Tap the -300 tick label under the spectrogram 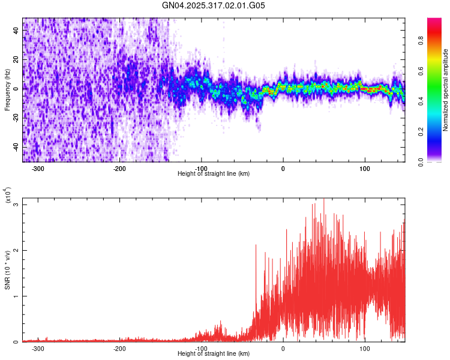pos(38,169)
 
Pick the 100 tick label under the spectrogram pos(364,169)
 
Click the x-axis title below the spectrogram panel pos(214,173)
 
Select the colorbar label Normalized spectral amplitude pos(446,90)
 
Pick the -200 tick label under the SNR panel pos(119,349)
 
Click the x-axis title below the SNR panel pos(214,353)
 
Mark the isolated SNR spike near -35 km pos(256,245)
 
